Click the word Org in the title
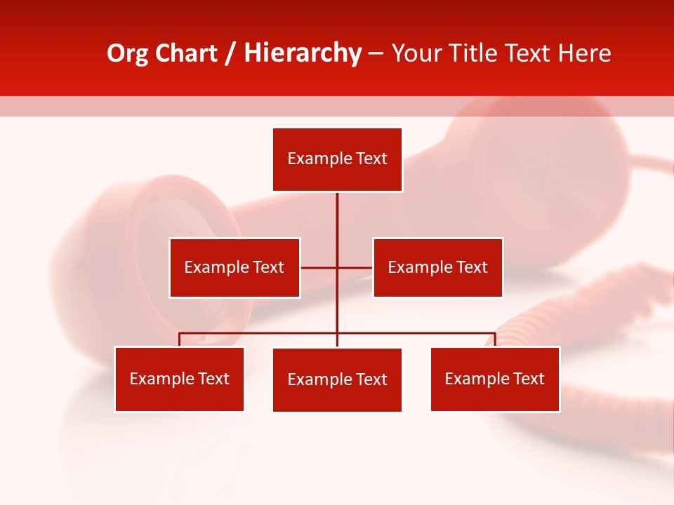128,54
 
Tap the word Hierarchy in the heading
303,54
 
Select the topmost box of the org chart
337,159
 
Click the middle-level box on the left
234,267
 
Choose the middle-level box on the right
437,267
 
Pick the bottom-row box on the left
180,379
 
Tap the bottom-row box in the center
337,379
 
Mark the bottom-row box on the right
495,379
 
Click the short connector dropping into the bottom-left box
180,339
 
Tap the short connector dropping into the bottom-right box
495,339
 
